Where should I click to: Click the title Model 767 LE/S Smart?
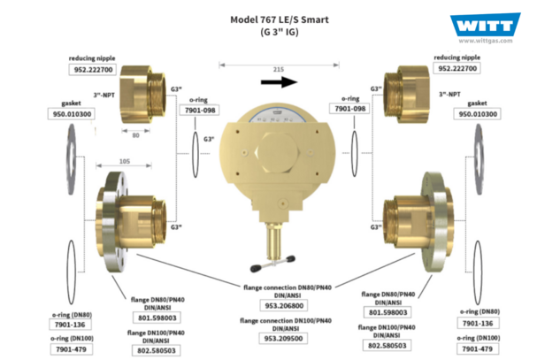280,19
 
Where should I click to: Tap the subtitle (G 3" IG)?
280,32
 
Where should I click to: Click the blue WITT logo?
485,25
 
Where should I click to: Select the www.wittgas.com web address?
486,41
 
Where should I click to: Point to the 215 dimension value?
279,69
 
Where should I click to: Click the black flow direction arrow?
279,82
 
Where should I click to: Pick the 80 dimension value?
135,135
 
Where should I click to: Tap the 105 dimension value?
124,162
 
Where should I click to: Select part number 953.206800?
284,306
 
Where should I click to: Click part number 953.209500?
283,339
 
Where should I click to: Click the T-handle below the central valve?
273,264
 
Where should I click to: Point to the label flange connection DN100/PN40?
286,325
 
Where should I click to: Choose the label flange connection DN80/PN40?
288,291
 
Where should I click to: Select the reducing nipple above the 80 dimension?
142,95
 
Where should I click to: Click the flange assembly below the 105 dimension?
131,222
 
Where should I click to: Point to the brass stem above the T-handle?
274,241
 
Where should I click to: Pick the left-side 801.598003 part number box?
157,318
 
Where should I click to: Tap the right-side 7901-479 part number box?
478,349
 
